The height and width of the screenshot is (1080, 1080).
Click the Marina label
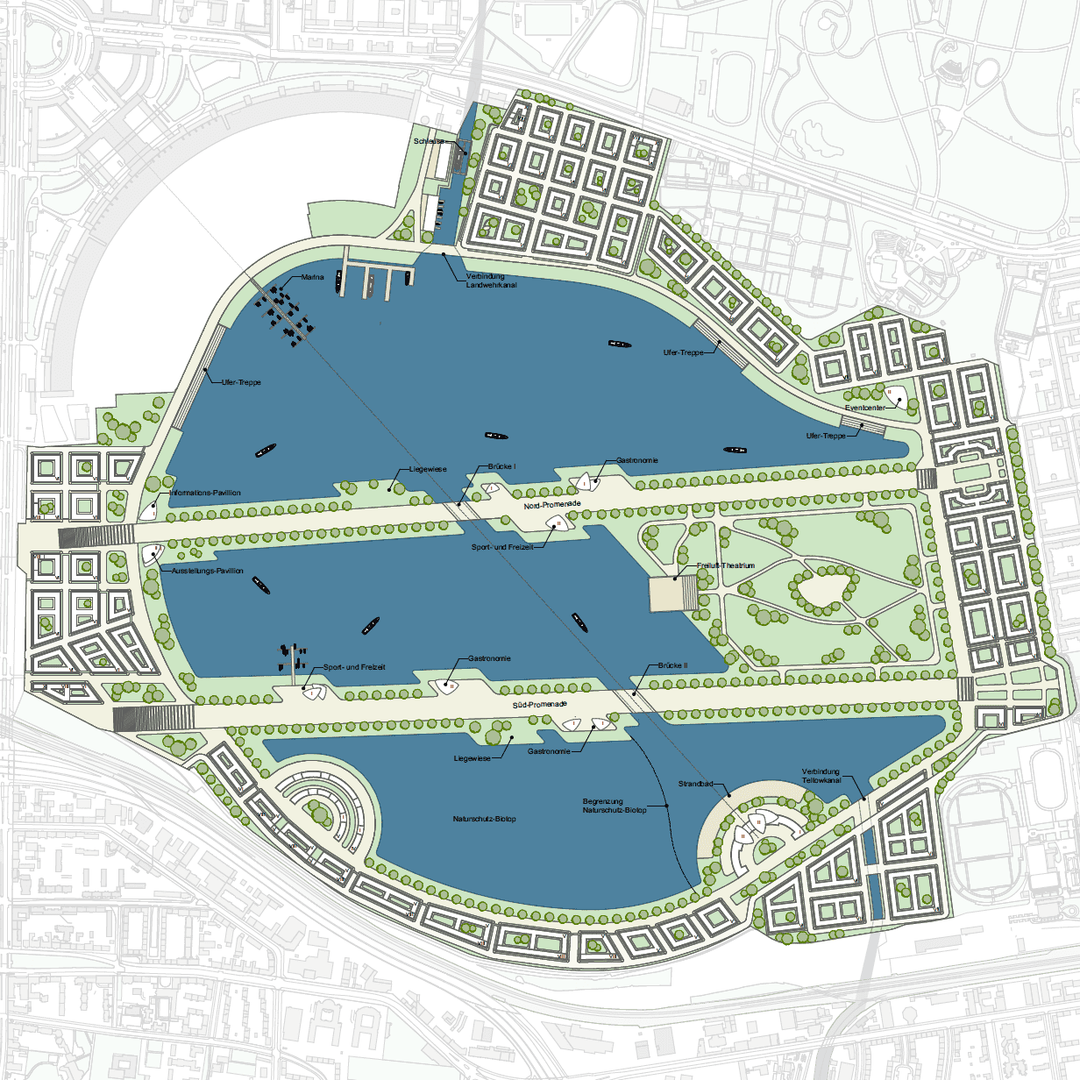click(312, 277)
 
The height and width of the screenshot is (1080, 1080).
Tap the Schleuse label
click(429, 141)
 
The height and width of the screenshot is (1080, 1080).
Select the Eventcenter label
click(864, 408)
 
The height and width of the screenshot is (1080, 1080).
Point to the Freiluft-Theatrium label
click(726, 565)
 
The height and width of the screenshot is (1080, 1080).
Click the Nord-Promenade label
click(552, 505)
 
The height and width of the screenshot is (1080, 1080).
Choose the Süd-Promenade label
click(540, 704)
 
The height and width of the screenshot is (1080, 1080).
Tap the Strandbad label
click(695, 784)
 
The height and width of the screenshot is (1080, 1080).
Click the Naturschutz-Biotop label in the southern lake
click(484, 819)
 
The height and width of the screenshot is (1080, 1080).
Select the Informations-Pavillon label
click(205, 493)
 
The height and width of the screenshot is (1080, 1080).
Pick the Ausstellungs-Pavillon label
click(207, 571)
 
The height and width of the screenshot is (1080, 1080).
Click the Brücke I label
click(501, 466)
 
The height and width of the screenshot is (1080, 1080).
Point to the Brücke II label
click(672, 665)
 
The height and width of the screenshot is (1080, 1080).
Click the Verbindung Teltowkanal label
click(821, 776)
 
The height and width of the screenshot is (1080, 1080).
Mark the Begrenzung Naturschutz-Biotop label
click(615, 806)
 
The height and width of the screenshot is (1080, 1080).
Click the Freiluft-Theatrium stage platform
click(672, 594)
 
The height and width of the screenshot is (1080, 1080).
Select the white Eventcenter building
click(895, 397)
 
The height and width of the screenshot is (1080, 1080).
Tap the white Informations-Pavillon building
click(149, 507)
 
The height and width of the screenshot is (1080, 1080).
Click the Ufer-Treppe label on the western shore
click(241, 382)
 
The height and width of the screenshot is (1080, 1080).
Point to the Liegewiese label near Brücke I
click(428, 469)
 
